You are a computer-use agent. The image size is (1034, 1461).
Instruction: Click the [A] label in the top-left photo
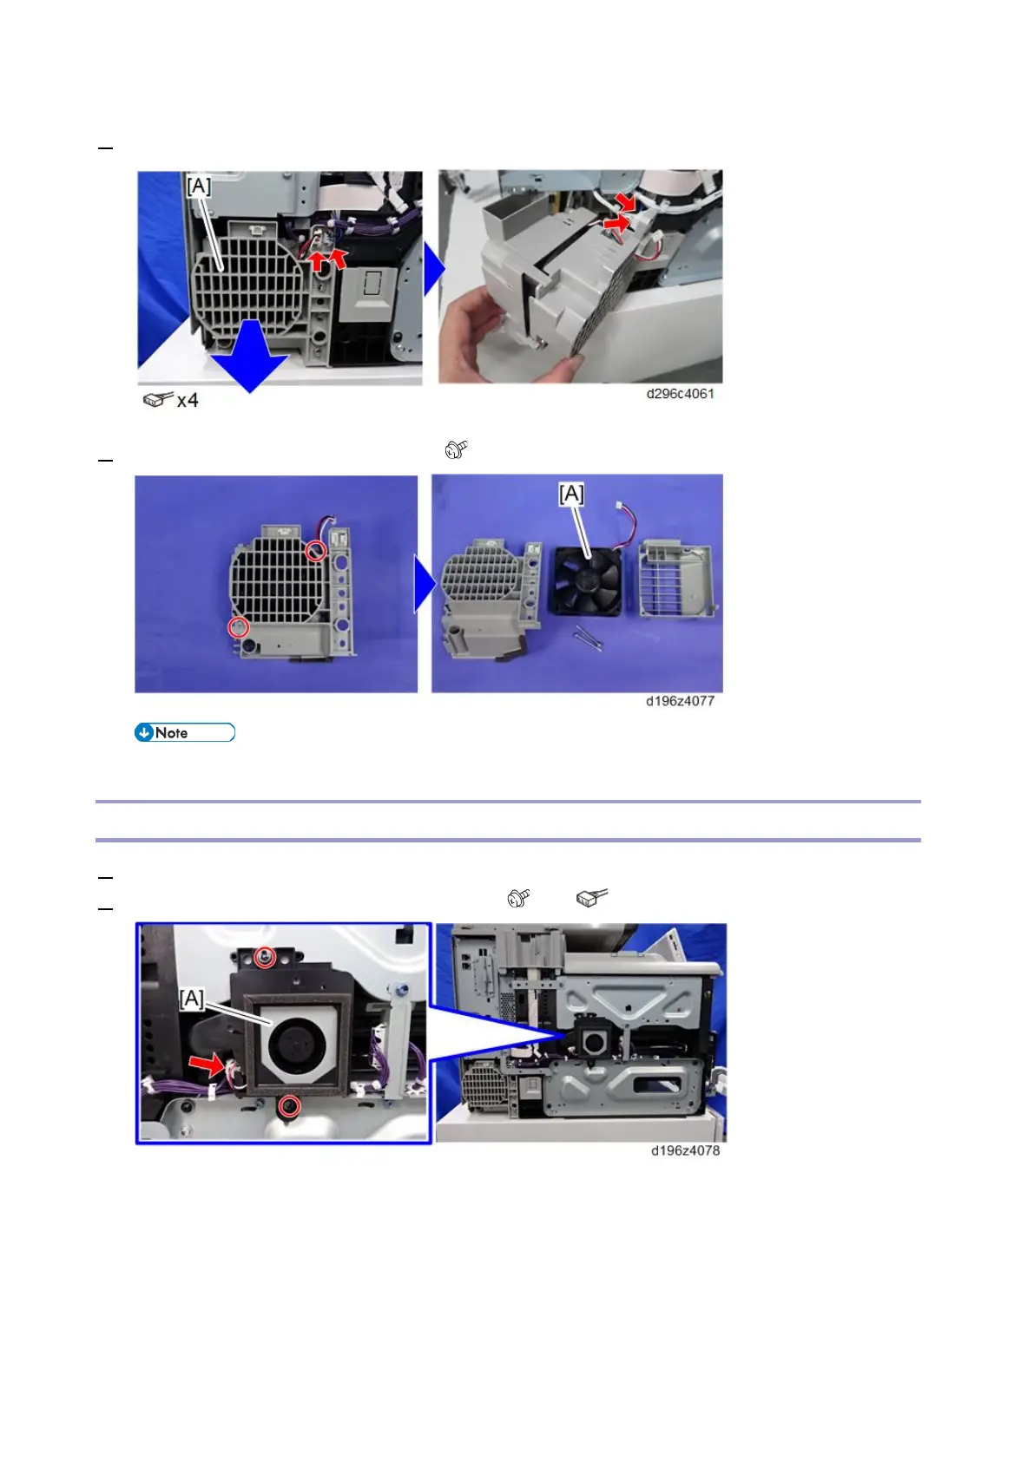pyautogui.click(x=199, y=186)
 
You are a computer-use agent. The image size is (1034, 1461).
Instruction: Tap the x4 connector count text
pyautogui.click(x=188, y=400)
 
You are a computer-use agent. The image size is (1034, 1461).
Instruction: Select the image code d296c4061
pyautogui.click(x=680, y=394)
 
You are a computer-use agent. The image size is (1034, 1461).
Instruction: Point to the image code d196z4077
pyautogui.click(x=680, y=701)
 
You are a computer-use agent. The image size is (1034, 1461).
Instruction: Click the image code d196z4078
pyautogui.click(x=685, y=1150)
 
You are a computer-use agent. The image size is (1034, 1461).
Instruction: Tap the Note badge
pyautogui.click(x=185, y=732)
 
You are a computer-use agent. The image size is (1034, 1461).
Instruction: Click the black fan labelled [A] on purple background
pyautogui.click(x=588, y=580)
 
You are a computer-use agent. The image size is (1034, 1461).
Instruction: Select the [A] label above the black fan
pyautogui.click(x=571, y=494)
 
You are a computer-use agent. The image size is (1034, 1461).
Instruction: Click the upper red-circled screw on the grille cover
pyautogui.click(x=316, y=551)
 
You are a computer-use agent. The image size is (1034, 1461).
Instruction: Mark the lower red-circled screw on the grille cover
pyautogui.click(x=238, y=627)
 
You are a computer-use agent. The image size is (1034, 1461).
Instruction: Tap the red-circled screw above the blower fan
pyautogui.click(x=265, y=958)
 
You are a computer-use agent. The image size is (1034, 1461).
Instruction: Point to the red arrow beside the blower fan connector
pyautogui.click(x=207, y=1065)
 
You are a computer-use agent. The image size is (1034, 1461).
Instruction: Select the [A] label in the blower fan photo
pyautogui.click(x=192, y=999)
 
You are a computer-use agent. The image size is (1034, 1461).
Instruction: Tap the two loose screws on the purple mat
pyautogui.click(x=588, y=637)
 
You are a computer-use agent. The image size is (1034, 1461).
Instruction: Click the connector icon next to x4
pyautogui.click(x=158, y=399)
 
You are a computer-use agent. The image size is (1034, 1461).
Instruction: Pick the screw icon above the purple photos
pyautogui.click(x=456, y=449)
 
